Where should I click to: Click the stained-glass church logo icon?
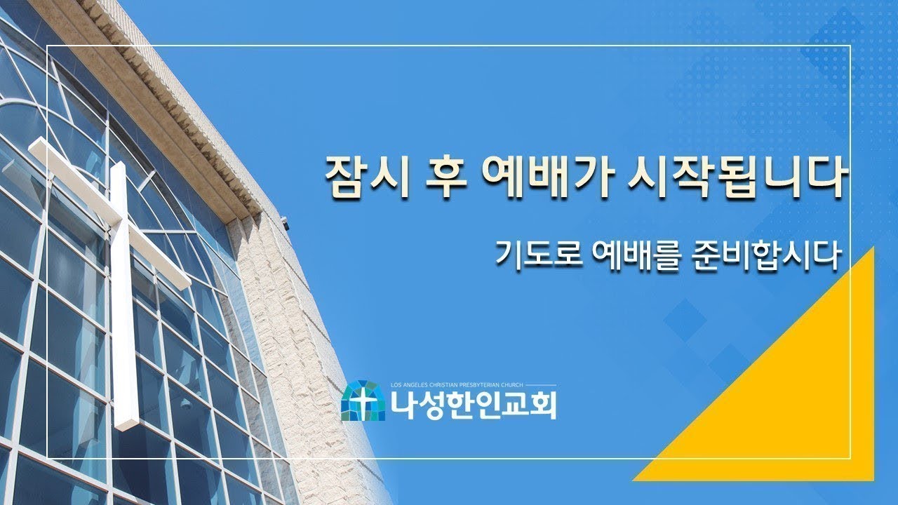(x=363, y=401)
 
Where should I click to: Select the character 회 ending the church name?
(x=543, y=405)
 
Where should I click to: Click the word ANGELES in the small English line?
(x=418, y=385)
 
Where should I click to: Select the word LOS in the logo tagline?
(x=397, y=385)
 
